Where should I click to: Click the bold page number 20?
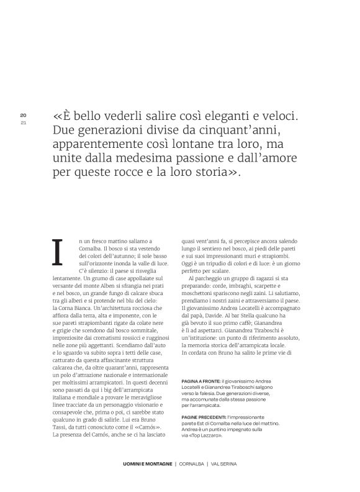coord(23,115)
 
